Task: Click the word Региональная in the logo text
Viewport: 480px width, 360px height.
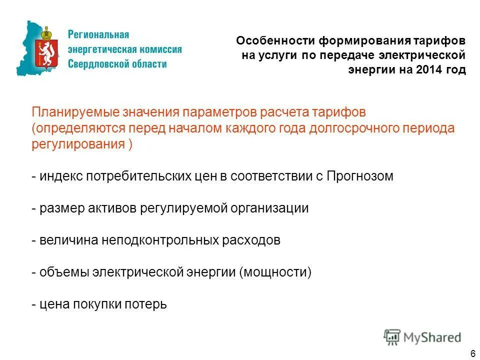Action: tap(98, 35)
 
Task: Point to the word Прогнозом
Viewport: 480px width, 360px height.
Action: tap(360, 176)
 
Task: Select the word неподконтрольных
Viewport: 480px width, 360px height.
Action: tap(156, 240)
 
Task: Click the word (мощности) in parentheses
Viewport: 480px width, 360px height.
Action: tap(275, 272)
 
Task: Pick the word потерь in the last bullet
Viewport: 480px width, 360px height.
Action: tap(146, 304)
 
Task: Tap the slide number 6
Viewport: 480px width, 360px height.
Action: tap(472, 353)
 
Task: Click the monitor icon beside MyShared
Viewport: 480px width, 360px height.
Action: tap(392, 336)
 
